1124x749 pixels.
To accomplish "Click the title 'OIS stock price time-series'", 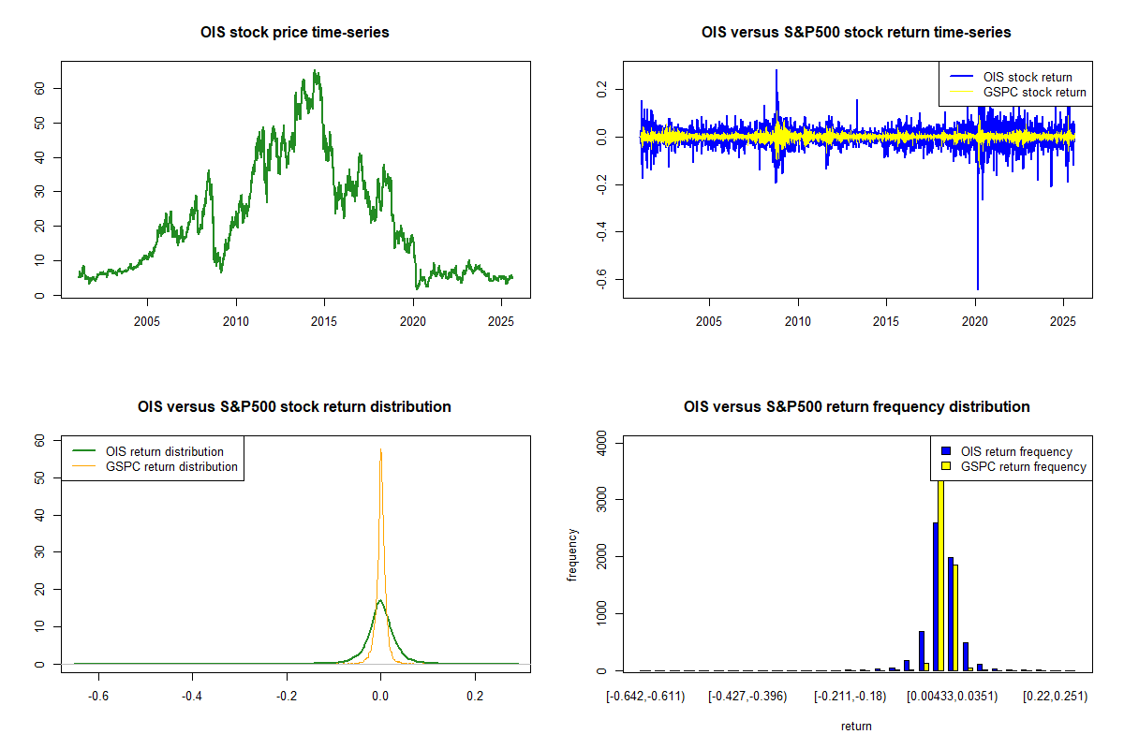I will [x=295, y=33].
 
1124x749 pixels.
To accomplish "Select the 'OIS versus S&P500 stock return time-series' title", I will [x=856, y=33].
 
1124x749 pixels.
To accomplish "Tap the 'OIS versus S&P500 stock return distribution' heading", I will [x=295, y=407].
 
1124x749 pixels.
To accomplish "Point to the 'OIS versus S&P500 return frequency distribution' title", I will [x=856, y=407].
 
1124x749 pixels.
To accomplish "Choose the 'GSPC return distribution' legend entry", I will [x=171, y=466].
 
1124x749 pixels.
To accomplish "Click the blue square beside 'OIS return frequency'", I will [x=947, y=451].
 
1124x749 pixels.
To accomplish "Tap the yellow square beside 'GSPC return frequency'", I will [x=947, y=466].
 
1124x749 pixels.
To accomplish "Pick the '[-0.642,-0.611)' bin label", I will [x=645, y=696].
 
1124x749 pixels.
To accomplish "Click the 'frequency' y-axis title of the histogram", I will [x=572, y=555].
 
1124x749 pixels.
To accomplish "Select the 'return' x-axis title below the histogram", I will [x=856, y=726].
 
